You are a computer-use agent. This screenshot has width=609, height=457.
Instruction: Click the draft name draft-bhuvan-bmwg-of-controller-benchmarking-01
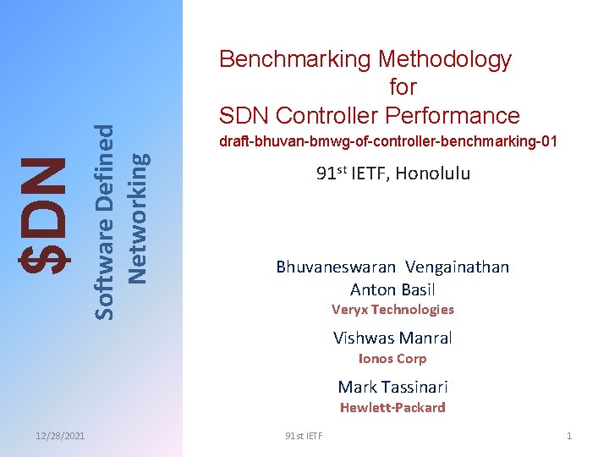(388, 141)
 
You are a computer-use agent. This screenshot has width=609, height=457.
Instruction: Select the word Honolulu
(431, 174)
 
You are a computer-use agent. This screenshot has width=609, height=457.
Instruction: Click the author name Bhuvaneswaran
(336, 267)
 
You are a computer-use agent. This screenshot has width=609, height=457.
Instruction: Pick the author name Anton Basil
(392, 289)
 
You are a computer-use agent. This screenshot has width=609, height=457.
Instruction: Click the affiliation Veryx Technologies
(392, 310)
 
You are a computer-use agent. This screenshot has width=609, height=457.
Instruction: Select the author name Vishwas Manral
(392, 339)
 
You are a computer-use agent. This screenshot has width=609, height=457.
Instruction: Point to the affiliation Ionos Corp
(392, 359)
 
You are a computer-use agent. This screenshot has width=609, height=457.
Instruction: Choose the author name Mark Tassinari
(392, 388)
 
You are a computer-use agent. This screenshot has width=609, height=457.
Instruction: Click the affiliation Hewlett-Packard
(392, 408)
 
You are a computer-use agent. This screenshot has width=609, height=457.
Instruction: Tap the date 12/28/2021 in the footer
(60, 436)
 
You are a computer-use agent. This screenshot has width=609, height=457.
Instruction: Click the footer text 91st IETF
(304, 436)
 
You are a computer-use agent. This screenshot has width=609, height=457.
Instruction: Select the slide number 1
(569, 436)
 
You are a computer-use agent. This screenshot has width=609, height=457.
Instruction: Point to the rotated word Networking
(138, 216)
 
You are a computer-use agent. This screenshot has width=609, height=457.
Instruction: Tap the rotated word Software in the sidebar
(104, 269)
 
